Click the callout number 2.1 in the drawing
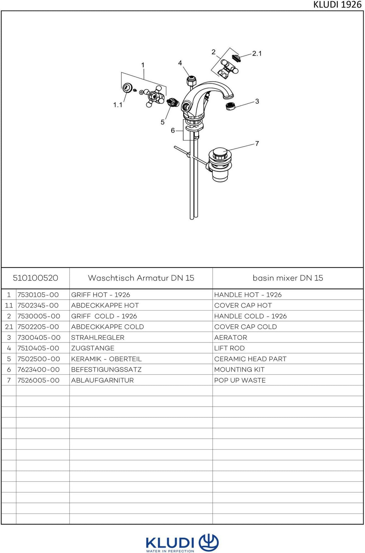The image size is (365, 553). pos(257,54)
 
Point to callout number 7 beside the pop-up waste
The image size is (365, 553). pos(257,143)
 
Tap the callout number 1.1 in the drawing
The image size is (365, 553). pos(118,105)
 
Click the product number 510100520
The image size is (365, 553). pos(35,278)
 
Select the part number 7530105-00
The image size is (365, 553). pos(38,295)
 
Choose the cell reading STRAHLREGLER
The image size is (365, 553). pos(98,338)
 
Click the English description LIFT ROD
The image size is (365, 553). pos(229,348)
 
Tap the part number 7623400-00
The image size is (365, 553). pos(38,370)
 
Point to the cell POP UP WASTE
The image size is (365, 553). pos(240,380)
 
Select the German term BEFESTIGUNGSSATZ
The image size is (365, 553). pos(106,370)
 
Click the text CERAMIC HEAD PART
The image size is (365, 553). pos(250,359)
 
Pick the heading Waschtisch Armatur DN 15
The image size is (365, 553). pos(141,278)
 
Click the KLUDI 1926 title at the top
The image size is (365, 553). pos(337,5)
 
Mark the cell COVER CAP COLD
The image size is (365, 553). pos(245,327)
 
